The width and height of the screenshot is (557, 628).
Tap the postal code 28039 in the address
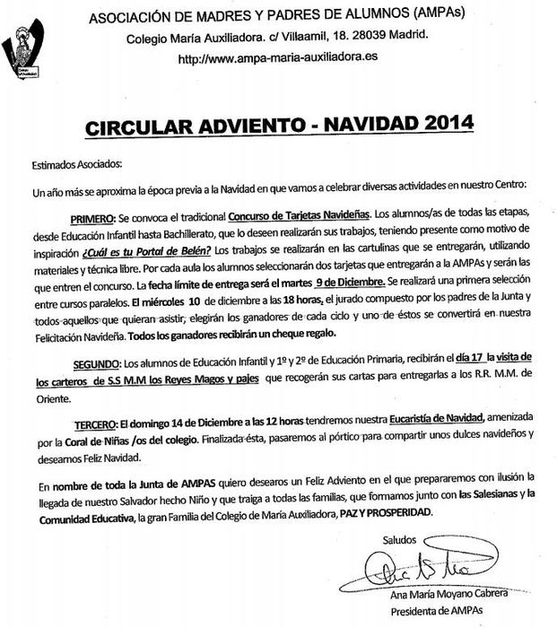click(x=361, y=36)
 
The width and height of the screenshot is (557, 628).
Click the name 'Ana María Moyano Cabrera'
click(x=448, y=594)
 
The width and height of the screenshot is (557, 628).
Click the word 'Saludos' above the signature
click(x=398, y=539)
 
